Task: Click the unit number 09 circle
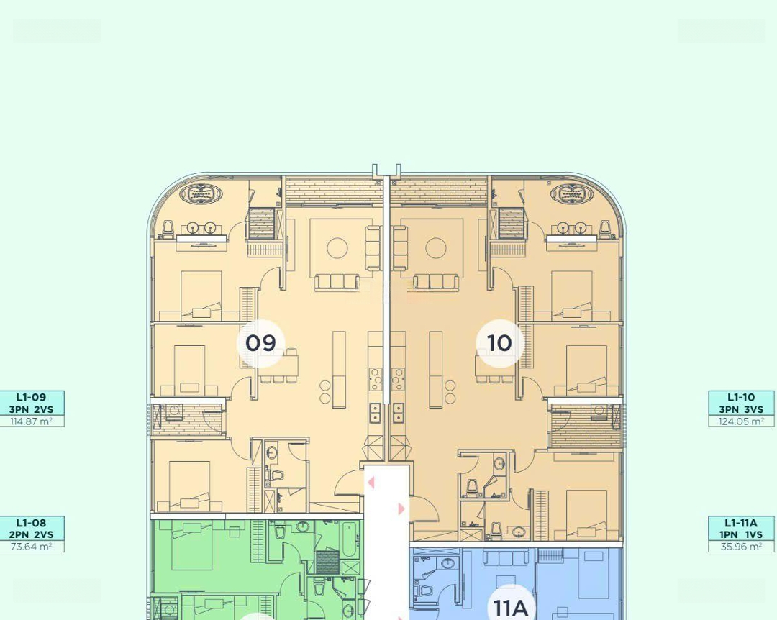260,343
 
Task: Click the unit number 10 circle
499,343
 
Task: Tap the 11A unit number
511,608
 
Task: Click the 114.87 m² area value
32,421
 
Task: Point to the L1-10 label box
741,404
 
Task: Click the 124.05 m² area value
741,421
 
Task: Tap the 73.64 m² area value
32,547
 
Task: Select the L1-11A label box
741,529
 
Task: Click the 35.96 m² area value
741,547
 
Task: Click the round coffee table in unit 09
337,248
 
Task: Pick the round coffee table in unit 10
436,248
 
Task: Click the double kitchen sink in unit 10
398,413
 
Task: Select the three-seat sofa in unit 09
337,282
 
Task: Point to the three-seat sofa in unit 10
437,282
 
